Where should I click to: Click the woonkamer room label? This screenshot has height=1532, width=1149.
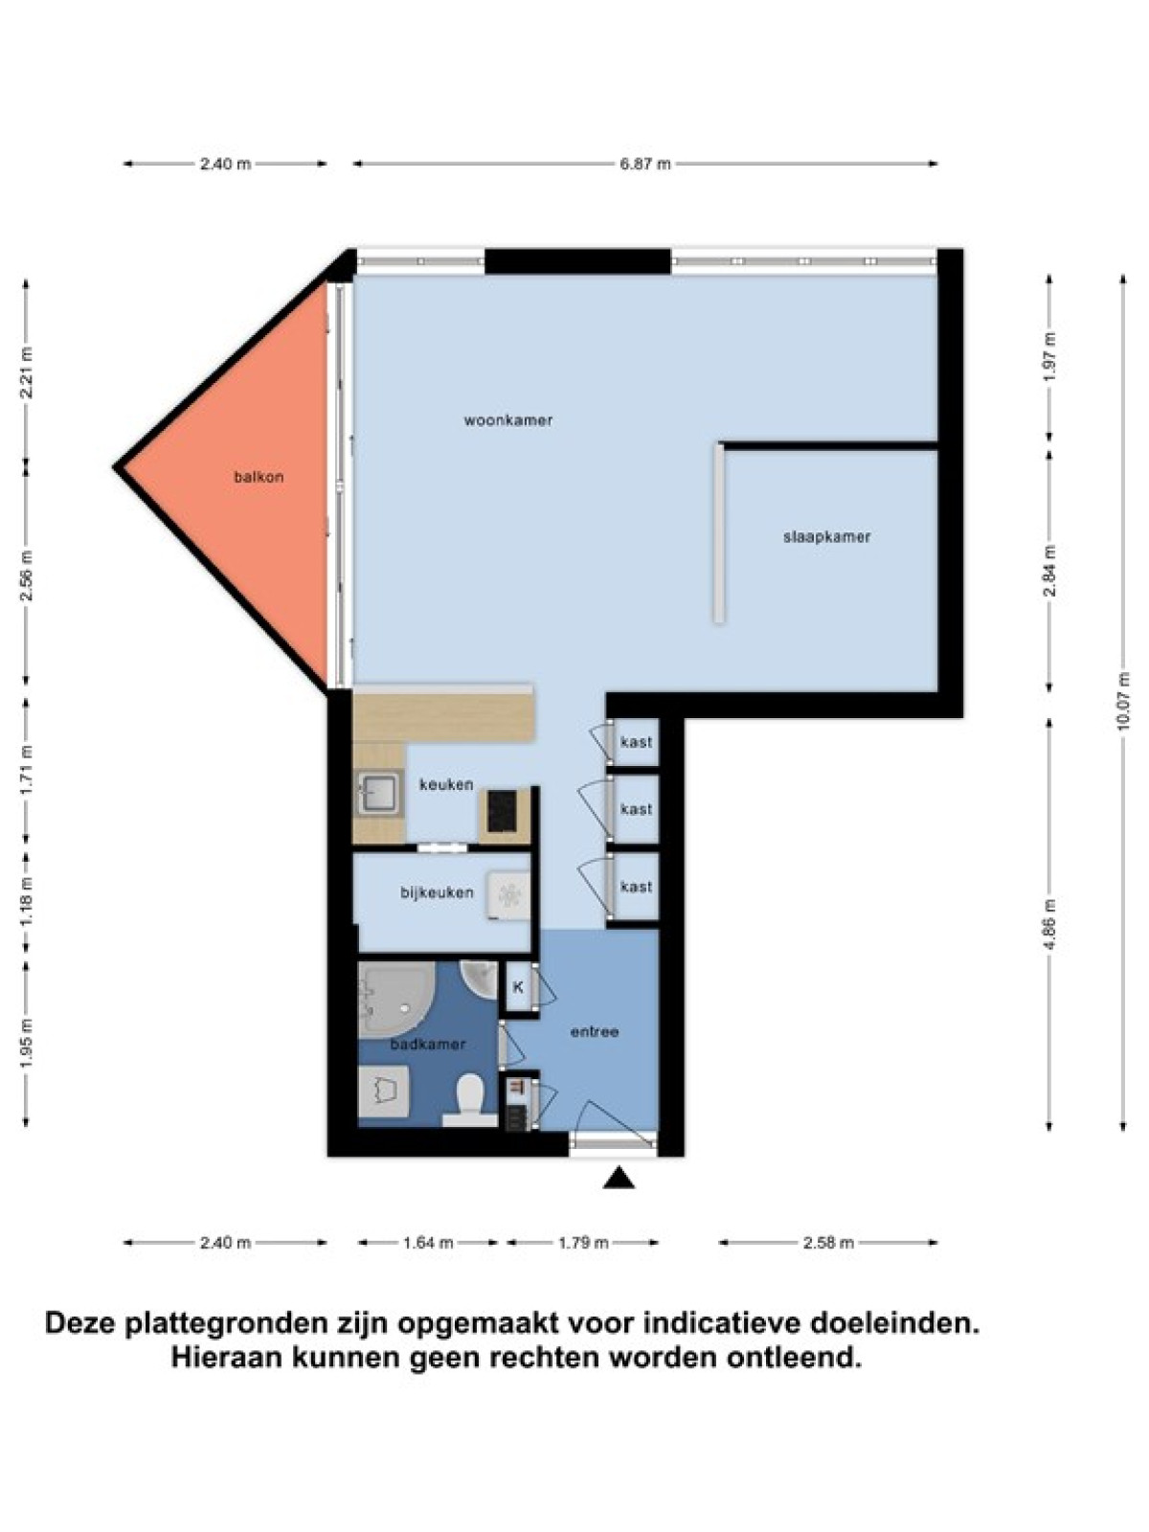pos(507,420)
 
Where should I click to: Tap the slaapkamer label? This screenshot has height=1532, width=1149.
pos(826,537)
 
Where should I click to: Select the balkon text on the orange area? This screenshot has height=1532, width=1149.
pos(259,478)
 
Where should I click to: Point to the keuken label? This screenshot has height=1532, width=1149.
pos(446,784)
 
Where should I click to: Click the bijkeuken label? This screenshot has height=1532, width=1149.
pos(437,892)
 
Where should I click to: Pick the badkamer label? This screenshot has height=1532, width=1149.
pos(428,1044)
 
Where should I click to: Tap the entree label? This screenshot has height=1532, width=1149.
pos(595,1031)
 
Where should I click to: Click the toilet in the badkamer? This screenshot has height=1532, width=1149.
pos(468,1100)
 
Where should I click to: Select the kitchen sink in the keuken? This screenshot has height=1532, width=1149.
pos(379,794)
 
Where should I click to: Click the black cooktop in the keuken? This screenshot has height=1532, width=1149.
pos(502,810)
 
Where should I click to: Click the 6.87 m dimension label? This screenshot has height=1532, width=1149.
pos(645,165)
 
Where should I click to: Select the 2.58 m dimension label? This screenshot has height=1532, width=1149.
pos(828,1242)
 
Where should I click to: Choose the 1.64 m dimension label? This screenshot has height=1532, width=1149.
pos(428,1242)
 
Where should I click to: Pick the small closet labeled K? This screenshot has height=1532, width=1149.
pos(518,987)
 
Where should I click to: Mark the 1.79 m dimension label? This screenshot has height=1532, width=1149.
pos(582,1242)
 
